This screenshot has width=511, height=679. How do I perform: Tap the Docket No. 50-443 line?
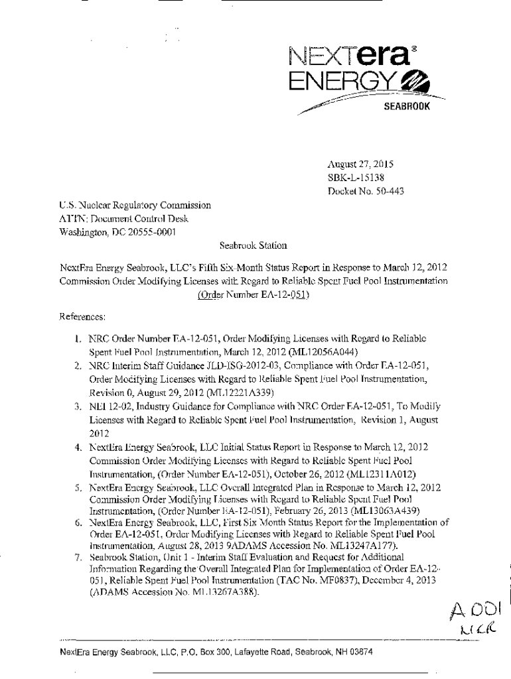tap(366, 192)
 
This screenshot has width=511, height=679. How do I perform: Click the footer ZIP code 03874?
tap(359, 652)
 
